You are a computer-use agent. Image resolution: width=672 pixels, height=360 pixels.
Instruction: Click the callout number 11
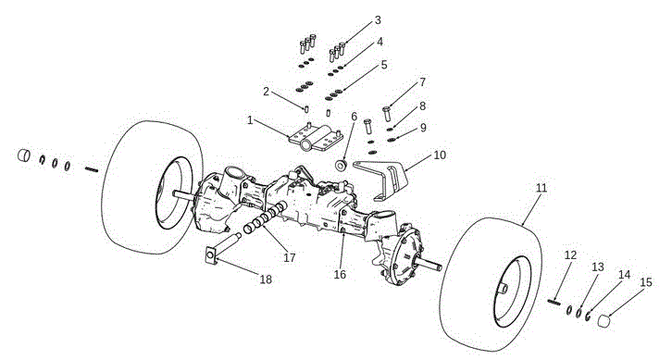point(541,188)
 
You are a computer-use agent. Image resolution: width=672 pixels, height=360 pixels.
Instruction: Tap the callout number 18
point(266,279)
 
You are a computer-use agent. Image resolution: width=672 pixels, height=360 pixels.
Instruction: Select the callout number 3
point(378,20)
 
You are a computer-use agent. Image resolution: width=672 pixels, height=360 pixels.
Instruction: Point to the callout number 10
point(440,155)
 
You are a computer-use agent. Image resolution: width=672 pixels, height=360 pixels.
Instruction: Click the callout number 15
point(646,282)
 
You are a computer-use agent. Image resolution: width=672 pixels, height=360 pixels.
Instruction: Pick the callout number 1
point(250,120)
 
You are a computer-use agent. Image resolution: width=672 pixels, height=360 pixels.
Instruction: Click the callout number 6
point(354,116)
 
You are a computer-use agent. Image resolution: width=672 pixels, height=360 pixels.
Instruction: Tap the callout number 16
point(340,274)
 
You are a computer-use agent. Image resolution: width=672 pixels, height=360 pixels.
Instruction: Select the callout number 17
point(290,257)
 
